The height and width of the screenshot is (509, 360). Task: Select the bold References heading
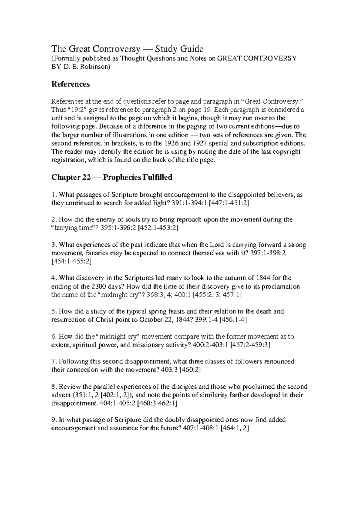click(x=70, y=84)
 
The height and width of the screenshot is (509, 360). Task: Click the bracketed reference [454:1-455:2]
click(x=71, y=261)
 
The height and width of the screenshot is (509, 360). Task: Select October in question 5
click(x=151, y=320)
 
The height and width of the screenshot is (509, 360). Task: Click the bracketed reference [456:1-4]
click(x=233, y=320)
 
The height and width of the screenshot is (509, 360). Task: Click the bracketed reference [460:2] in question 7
click(x=190, y=370)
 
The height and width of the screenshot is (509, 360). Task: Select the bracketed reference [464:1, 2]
click(x=235, y=428)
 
